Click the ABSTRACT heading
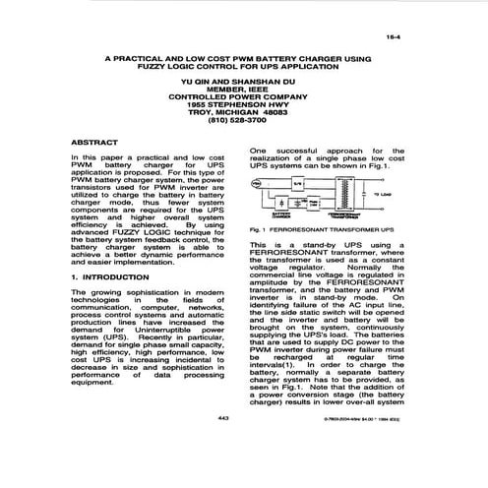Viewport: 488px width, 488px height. coord(93,143)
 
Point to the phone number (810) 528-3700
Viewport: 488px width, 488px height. coord(237,122)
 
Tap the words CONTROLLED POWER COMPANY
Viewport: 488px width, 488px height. coord(237,96)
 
